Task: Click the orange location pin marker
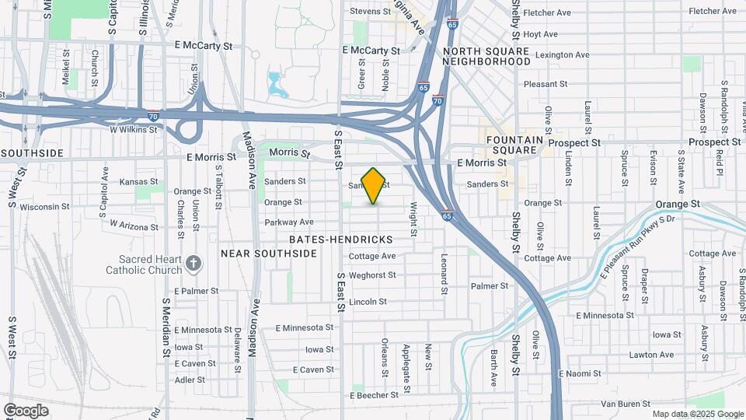coord(374,185)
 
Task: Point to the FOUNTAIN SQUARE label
coord(511,144)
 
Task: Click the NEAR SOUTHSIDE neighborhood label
coord(269,254)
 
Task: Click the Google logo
coord(26,410)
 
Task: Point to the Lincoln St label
coord(368,301)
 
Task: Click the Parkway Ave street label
coord(283,222)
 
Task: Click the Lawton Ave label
coord(651,355)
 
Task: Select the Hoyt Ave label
coord(541,34)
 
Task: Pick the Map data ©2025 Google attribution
coord(697,414)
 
